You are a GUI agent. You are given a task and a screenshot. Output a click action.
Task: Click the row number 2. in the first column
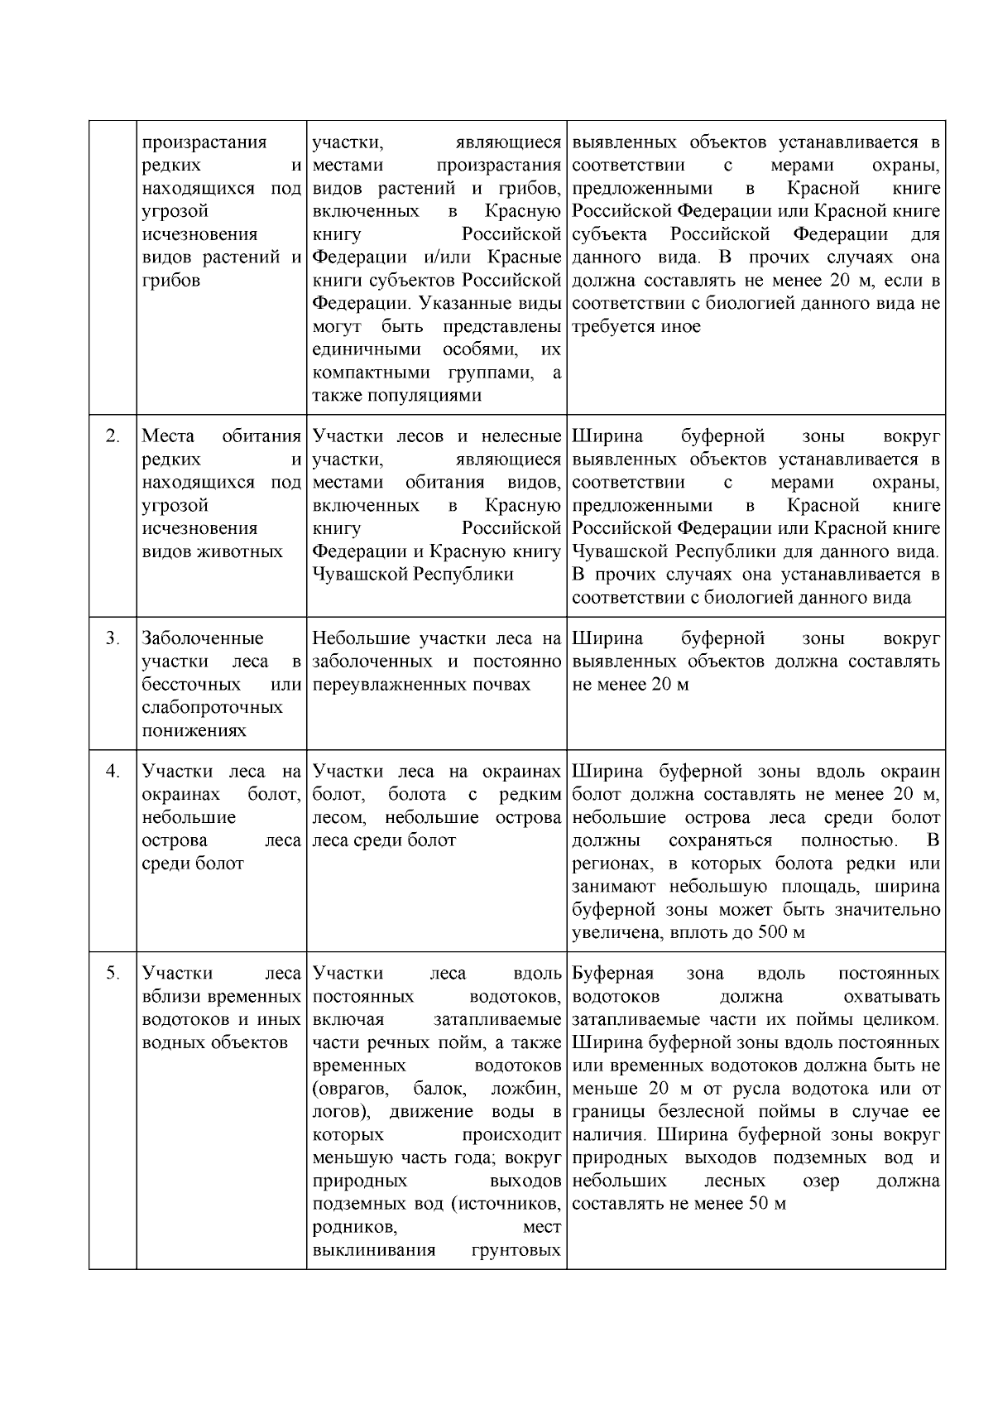click(113, 436)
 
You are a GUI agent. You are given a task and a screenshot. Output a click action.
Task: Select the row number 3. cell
click(113, 638)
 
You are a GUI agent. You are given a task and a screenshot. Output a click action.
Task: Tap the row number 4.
click(113, 772)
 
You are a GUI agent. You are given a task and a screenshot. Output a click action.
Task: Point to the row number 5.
click(113, 974)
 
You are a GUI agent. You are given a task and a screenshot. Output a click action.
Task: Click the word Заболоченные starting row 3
click(203, 638)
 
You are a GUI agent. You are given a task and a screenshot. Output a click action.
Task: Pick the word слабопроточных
click(212, 708)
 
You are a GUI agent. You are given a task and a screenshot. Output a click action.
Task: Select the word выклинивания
click(375, 1250)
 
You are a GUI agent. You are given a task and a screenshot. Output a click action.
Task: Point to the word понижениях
click(194, 731)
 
